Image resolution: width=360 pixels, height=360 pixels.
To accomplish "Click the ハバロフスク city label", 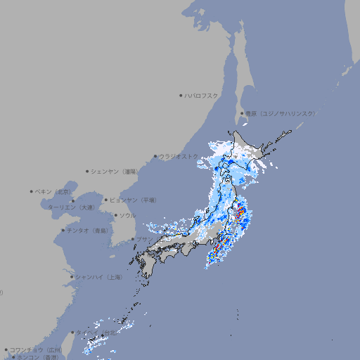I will pyautogui.click(x=202, y=95).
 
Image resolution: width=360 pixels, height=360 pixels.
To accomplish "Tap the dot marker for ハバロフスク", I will pyautogui.click(x=181, y=95).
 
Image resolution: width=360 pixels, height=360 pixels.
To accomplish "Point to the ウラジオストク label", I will pyautogui.click(x=179, y=156).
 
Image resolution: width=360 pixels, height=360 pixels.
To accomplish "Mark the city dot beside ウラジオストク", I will pyautogui.click(x=155, y=156).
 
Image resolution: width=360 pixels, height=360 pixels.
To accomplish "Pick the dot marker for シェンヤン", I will pyautogui.click(x=88, y=171).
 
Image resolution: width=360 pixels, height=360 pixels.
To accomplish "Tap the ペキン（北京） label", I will pyautogui.click(x=54, y=191).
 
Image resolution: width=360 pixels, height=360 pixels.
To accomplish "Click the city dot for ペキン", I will pyautogui.click(x=32, y=191).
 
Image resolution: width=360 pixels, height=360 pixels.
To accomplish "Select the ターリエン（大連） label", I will pyautogui.click(x=70, y=207).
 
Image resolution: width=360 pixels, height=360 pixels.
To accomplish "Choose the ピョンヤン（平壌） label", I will pyautogui.click(x=134, y=200).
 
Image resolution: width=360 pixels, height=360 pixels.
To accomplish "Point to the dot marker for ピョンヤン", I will pyautogui.click(x=107, y=200).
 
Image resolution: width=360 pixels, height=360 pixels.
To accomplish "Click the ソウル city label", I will pyautogui.click(x=127, y=215).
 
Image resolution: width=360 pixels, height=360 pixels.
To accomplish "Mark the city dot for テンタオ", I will pyautogui.click(x=63, y=230).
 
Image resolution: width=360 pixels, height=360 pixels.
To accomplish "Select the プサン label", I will pyautogui.click(x=143, y=239).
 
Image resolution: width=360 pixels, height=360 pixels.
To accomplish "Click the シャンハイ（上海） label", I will pyautogui.click(x=98, y=277).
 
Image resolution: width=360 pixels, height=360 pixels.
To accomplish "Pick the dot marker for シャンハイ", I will pyautogui.click(x=71, y=277).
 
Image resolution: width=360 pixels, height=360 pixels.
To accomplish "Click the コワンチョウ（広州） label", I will pyautogui.click(x=36, y=349).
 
